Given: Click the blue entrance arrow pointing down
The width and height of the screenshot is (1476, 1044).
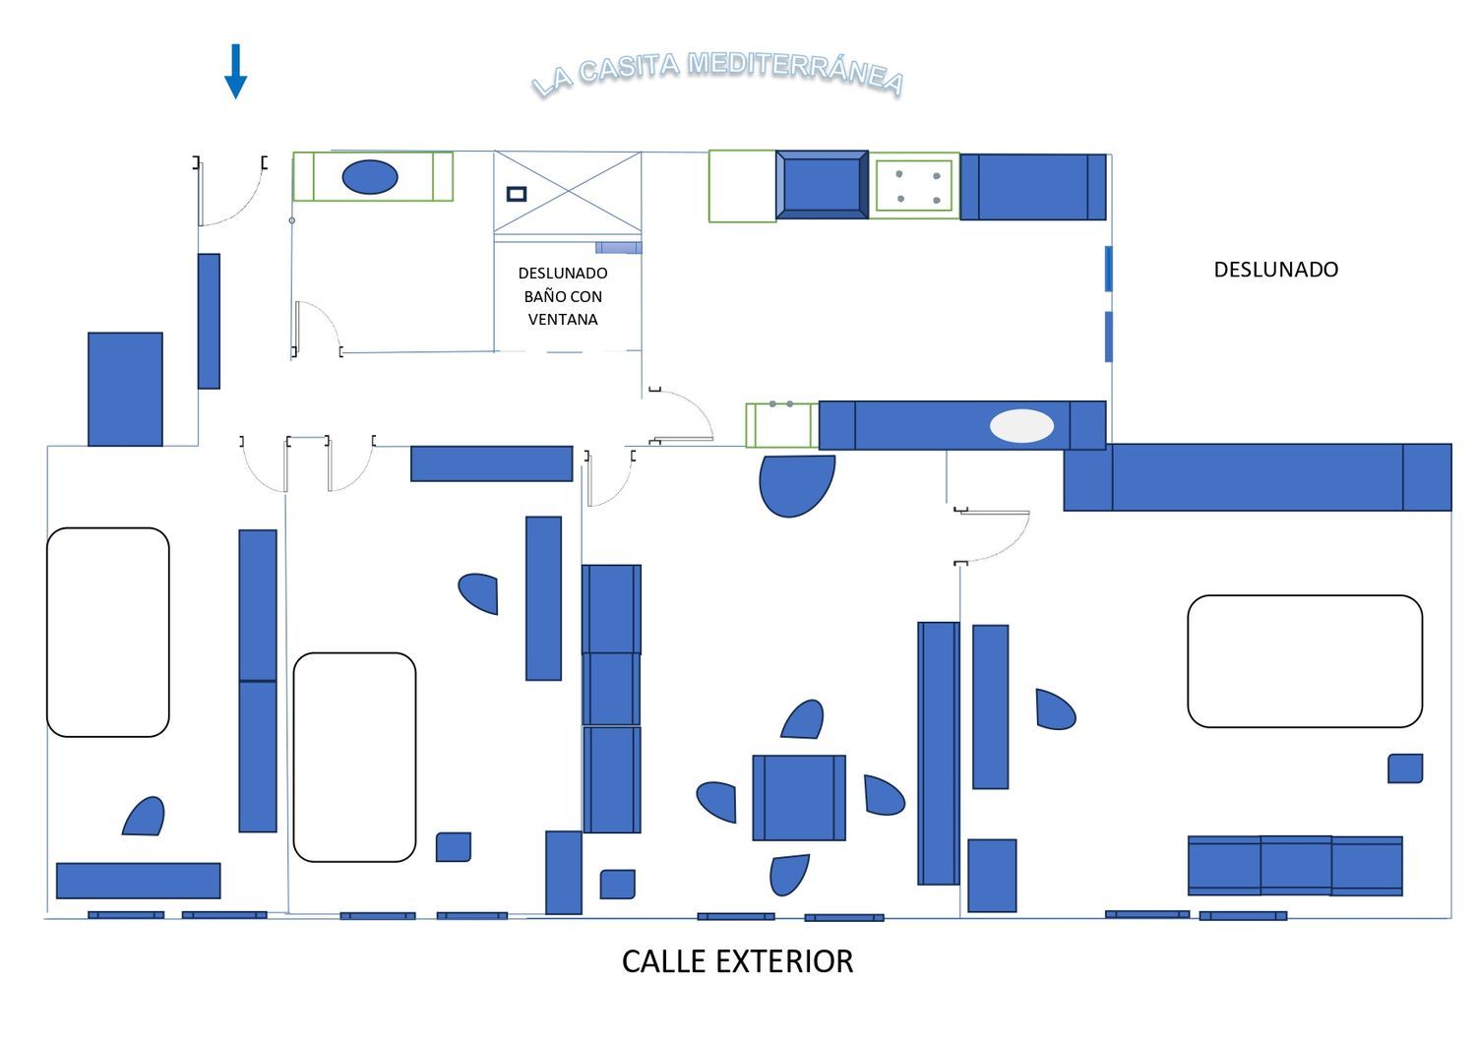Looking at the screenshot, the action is pyautogui.click(x=235, y=71).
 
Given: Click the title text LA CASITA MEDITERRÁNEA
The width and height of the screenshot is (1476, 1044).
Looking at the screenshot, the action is pyautogui.click(x=717, y=74).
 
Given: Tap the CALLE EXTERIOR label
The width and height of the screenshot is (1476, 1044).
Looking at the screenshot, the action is pyautogui.click(x=737, y=961).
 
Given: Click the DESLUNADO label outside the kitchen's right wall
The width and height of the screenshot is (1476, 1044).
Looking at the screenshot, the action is pyautogui.click(x=1275, y=270).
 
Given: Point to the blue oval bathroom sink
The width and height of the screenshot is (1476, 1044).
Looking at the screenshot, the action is pyautogui.click(x=370, y=177).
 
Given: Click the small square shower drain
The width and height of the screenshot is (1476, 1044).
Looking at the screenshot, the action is pyautogui.click(x=517, y=194).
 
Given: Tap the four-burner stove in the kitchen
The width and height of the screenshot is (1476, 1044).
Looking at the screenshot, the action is pyautogui.click(x=914, y=186).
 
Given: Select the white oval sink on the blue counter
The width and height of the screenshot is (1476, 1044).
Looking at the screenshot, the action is pyautogui.click(x=1021, y=426).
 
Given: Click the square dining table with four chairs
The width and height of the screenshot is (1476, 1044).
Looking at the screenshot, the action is pyautogui.click(x=799, y=797).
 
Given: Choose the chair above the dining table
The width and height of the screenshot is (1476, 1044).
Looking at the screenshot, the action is pyautogui.click(x=803, y=719).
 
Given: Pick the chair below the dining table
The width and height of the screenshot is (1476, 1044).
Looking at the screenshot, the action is pyautogui.click(x=789, y=875).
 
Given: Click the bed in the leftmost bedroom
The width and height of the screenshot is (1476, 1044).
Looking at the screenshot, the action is pyautogui.click(x=108, y=632).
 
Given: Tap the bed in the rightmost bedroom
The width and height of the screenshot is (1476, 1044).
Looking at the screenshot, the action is pyautogui.click(x=1305, y=661).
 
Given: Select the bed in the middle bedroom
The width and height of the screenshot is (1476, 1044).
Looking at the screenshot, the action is pyautogui.click(x=354, y=758).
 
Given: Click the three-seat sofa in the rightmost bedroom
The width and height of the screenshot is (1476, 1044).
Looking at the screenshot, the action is pyautogui.click(x=1295, y=866).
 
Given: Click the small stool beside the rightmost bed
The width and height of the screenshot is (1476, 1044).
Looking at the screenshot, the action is pyautogui.click(x=1405, y=768).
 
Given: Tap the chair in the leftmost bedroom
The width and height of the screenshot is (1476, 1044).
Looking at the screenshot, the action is pyautogui.click(x=145, y=817).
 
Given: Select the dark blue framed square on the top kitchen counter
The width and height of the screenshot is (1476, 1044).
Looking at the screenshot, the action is pyautogui.click(x=822, y=185).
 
